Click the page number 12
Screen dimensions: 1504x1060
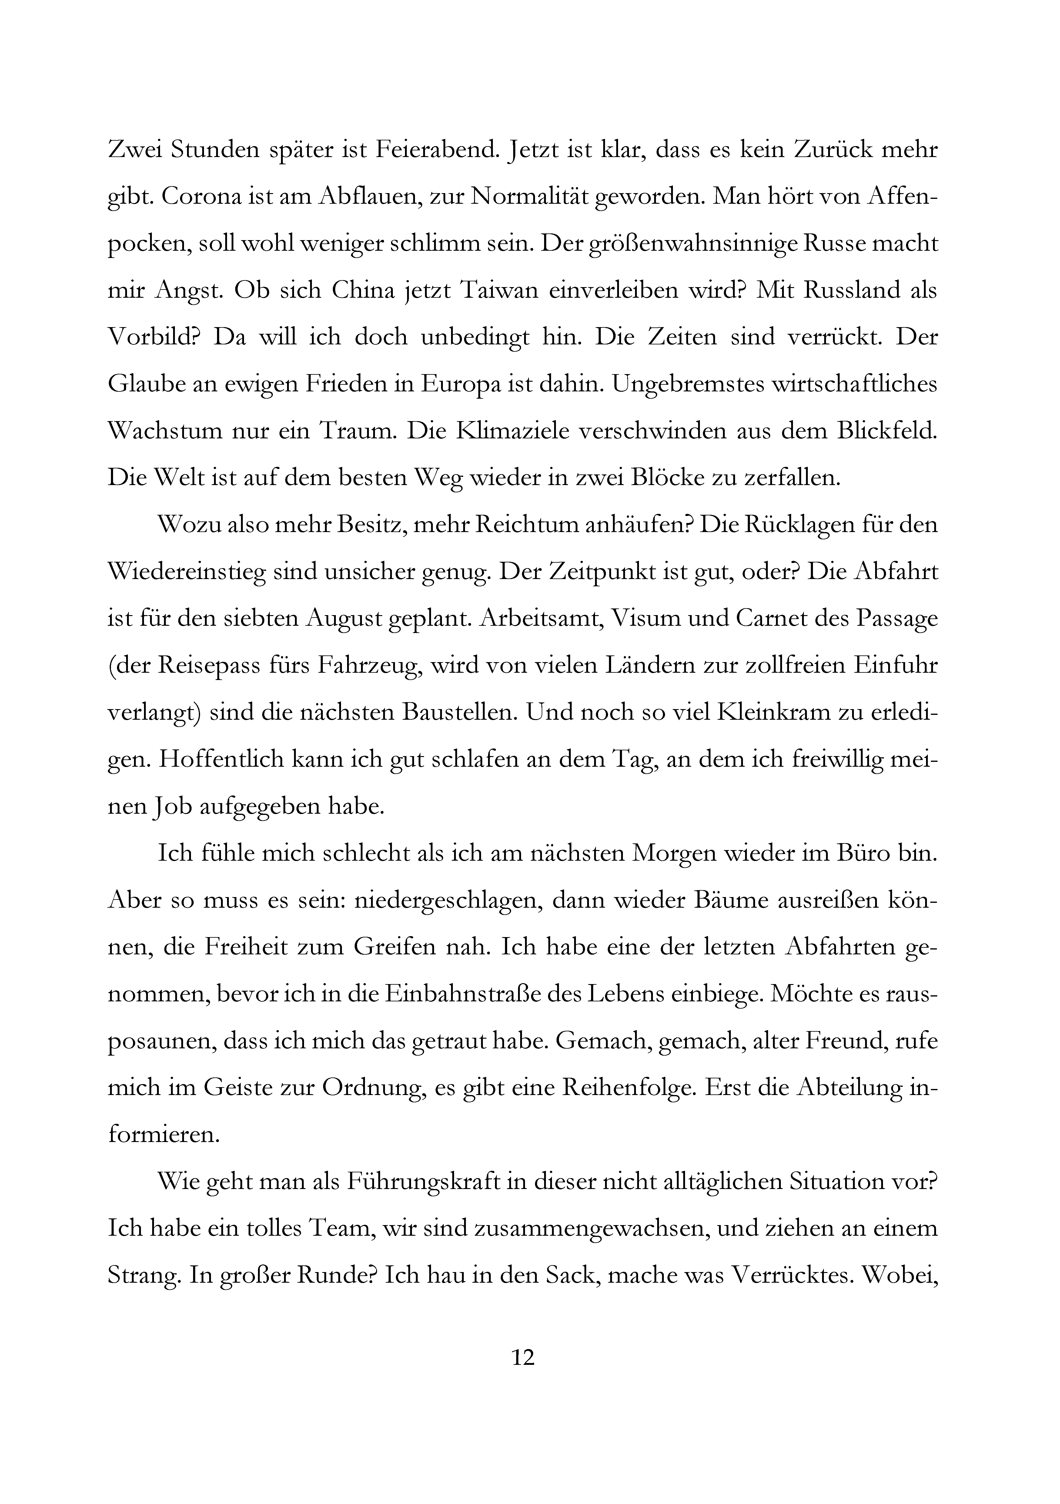(x=523, y=1357)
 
